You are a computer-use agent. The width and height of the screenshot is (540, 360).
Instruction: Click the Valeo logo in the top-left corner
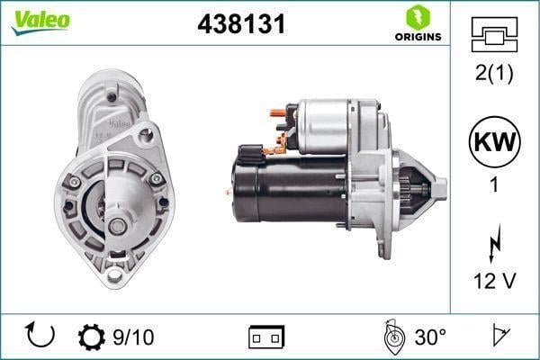[x=40, y=22]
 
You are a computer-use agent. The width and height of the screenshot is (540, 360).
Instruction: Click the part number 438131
[x=241, y=24]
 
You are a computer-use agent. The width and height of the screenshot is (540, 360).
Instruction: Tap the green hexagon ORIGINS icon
[x=418, y=17]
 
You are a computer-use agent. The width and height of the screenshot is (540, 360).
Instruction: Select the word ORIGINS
[x=418, y=37]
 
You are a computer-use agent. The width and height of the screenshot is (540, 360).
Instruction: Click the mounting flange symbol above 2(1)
[x=494, y=34]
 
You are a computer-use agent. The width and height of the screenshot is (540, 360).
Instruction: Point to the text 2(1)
[x=494, y=73]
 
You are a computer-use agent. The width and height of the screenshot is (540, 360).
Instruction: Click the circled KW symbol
[x=494, y=141]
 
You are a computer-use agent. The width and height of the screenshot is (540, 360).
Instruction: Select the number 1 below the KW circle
[x=494, y=184]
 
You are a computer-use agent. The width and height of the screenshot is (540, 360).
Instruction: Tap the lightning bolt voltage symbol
[x=494, y=243]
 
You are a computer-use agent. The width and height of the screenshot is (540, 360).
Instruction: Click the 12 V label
[x=494, y=281]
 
